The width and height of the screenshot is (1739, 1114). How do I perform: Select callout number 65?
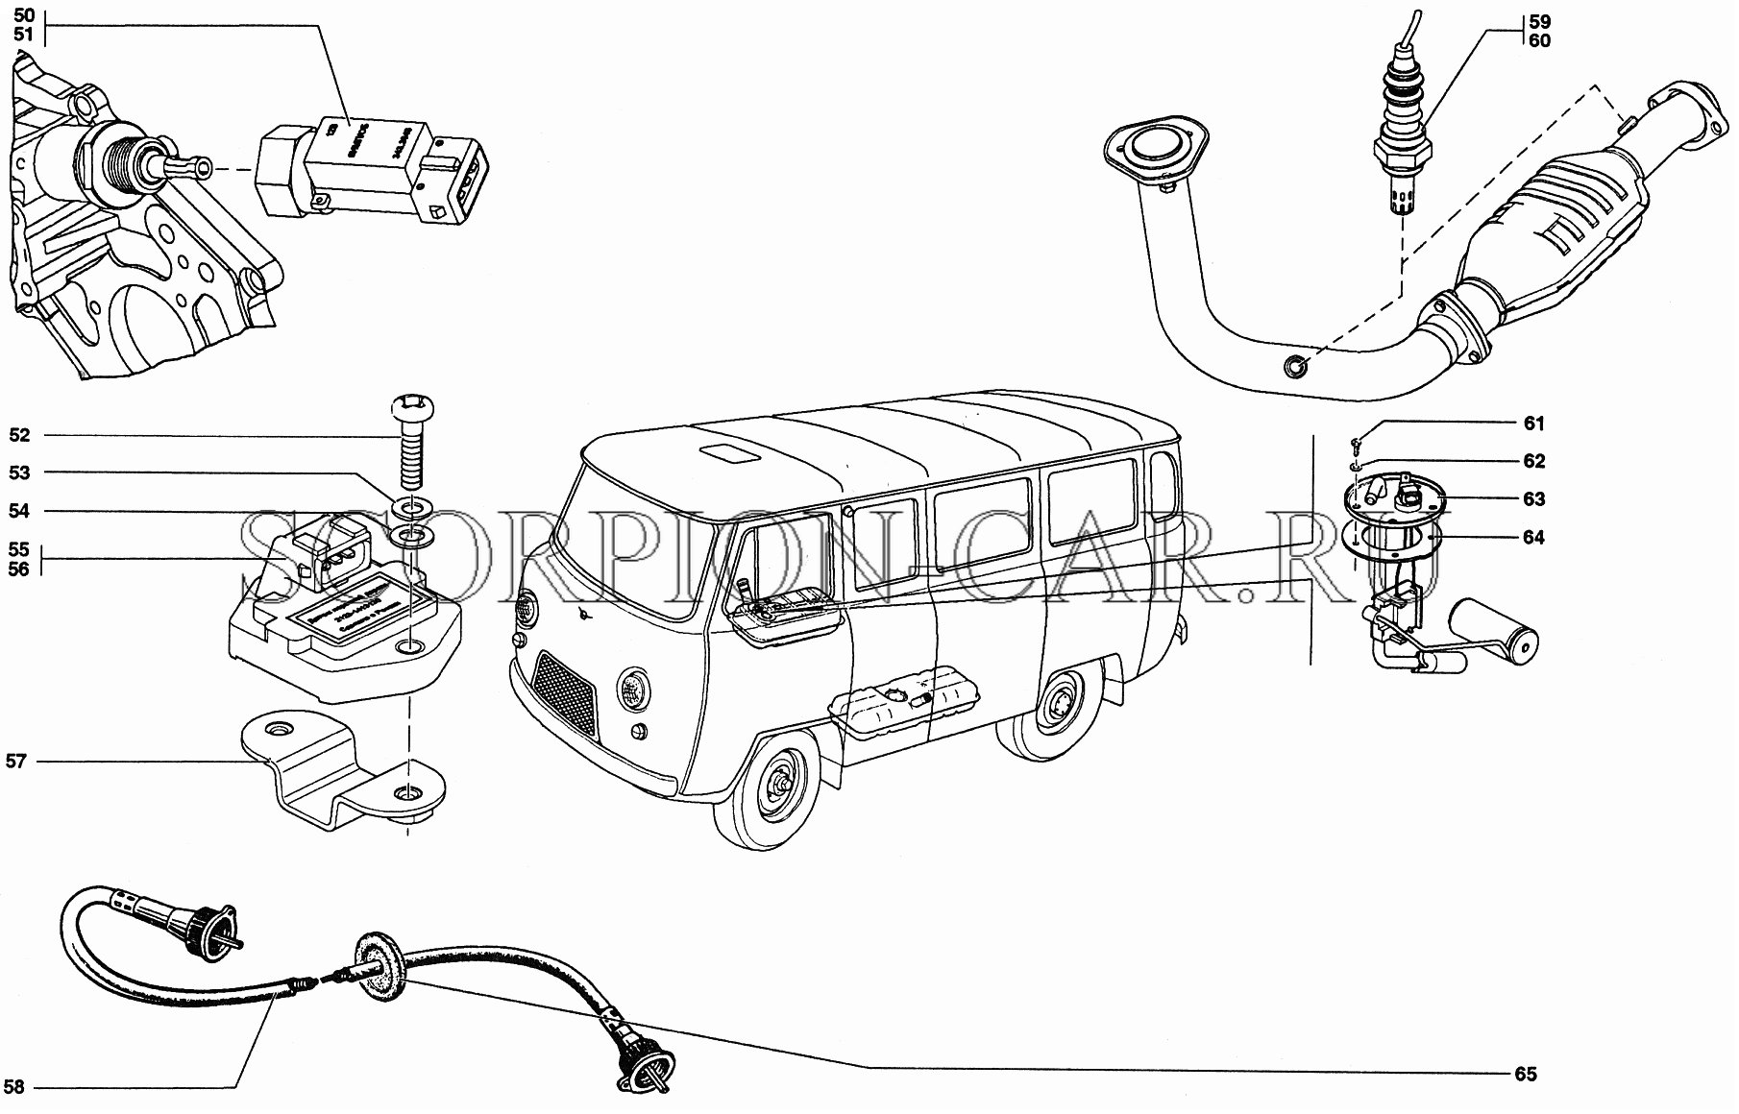pos(1526,1075)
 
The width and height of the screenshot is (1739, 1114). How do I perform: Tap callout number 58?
pos(14,1088)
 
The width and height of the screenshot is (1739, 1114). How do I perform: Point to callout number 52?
pos(19,435)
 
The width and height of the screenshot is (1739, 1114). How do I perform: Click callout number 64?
pos(1533,538)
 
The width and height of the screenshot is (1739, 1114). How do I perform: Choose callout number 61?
pos(1533,424)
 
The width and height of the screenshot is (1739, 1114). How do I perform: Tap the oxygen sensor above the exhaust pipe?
pos(1399,144)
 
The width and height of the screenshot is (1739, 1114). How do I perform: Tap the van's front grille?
pos(565,689)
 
